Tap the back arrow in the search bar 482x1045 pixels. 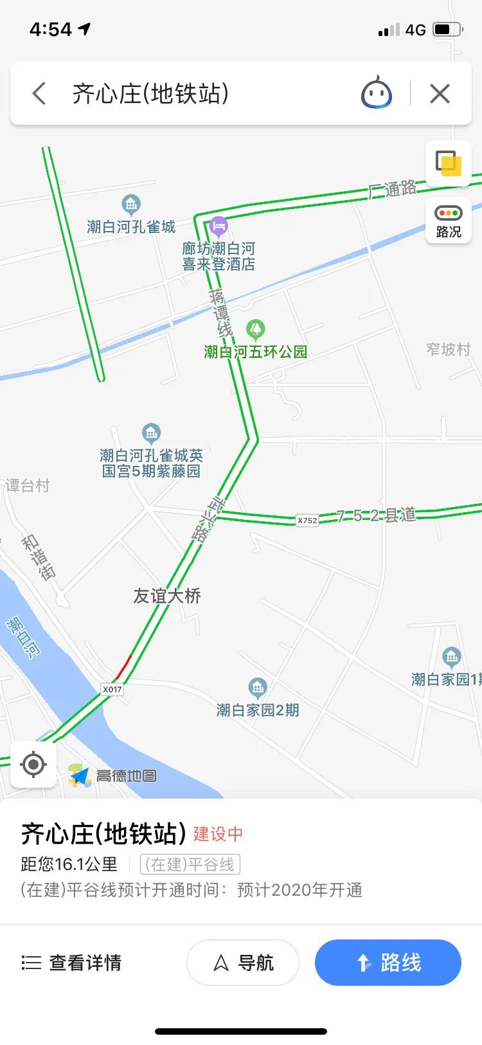tap(39, 94)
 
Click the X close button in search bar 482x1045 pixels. tap(440, 94)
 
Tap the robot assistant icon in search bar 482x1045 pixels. tap(377, 94)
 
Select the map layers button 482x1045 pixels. tap(448, 163)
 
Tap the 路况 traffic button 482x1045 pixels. tap(448, 220)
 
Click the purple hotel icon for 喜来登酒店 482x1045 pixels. tap(219, 226)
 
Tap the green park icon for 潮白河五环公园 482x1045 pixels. tap(256, 329)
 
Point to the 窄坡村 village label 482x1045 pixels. tap(448, 349)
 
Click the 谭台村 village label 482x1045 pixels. tap(27, 486)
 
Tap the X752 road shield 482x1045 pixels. tap(307, 520)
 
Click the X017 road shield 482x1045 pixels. tap(112, 689)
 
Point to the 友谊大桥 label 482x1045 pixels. tap(167, 596)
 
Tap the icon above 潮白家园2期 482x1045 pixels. tap(258, 688)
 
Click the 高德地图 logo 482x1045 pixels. tap(113, 776)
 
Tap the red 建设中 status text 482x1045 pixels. tap(219, 834)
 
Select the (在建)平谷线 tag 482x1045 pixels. tap(190, 864)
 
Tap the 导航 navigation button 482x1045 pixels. tap(243, 963)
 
